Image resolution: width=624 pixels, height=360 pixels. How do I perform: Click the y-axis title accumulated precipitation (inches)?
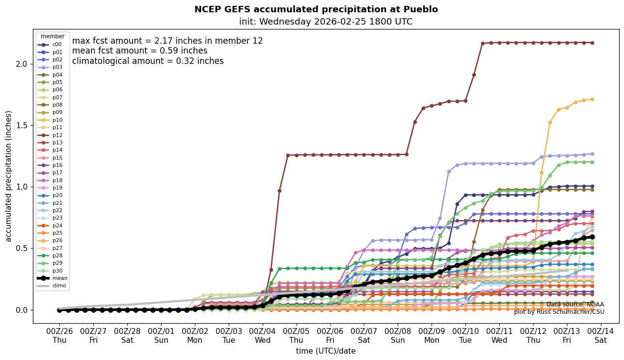pyautogui.click(x=9, y=176)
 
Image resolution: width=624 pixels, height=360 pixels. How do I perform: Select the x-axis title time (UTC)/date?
pyautogui.click(x=326, y=351)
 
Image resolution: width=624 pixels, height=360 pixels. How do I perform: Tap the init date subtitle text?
pyautogui.click(x=326, y=22)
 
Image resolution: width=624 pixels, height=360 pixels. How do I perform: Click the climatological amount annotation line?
pyautogui.click(x=148, y=61)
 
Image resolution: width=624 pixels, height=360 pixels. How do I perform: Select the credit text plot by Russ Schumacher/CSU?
pyautogui.click(x=559, y=312)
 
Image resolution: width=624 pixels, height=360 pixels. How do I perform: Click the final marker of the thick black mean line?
pyautogui.click(x=592, y=237)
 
